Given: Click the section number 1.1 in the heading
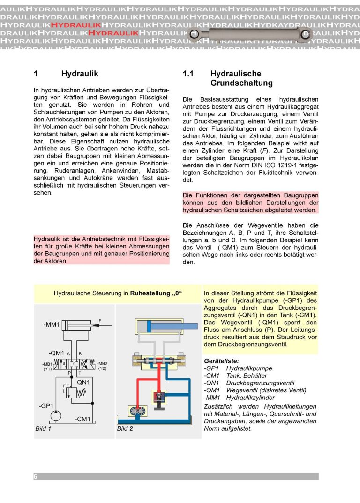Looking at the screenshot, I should tap(188, 74).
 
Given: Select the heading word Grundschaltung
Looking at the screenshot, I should tap(241, 83).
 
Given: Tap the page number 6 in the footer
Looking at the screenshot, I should tap(35, 476).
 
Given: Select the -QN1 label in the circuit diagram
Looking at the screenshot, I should tap(82, 382).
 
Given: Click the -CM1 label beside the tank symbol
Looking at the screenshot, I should tap(83, 419).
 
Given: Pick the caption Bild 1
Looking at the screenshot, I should tap(43, 428).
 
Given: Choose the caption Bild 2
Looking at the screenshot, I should tap(125, 428).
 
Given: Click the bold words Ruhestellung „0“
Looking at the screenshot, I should tap(156, 294).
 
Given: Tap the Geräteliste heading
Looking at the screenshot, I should tap(222, 361).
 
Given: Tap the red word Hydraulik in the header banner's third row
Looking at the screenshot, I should tap(75, 24).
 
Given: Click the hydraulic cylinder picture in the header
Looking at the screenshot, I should tap(249, 34).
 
